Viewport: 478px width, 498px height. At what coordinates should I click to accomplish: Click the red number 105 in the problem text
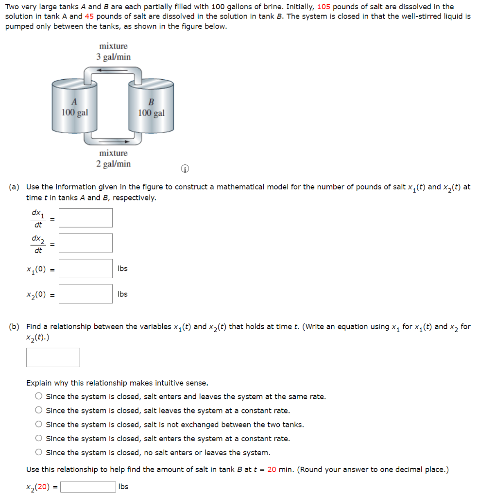click(x=324, y=7)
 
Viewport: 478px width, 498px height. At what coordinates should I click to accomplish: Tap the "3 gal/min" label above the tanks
click(x=113, y=57)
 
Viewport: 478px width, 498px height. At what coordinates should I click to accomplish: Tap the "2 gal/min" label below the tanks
click(x=113, y=164)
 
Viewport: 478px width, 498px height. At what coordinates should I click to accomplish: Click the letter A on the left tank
click(x=74, y=102)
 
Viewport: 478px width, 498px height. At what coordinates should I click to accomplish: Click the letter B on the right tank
click(x=151, y=103)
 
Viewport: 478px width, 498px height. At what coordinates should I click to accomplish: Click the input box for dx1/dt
click(x=85, y=218)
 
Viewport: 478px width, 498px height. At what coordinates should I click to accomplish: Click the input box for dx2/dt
click(x=85, y=243)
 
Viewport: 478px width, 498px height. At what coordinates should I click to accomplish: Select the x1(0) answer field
click(x=85, y=268)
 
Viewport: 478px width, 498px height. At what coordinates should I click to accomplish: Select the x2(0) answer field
click(x=85, y=294)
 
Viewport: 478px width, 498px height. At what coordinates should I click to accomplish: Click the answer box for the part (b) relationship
click(x=53, y=357)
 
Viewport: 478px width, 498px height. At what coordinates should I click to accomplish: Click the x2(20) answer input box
click(x=88, y=487)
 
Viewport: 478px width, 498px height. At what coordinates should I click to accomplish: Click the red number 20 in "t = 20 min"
click(x=272, y=470)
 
